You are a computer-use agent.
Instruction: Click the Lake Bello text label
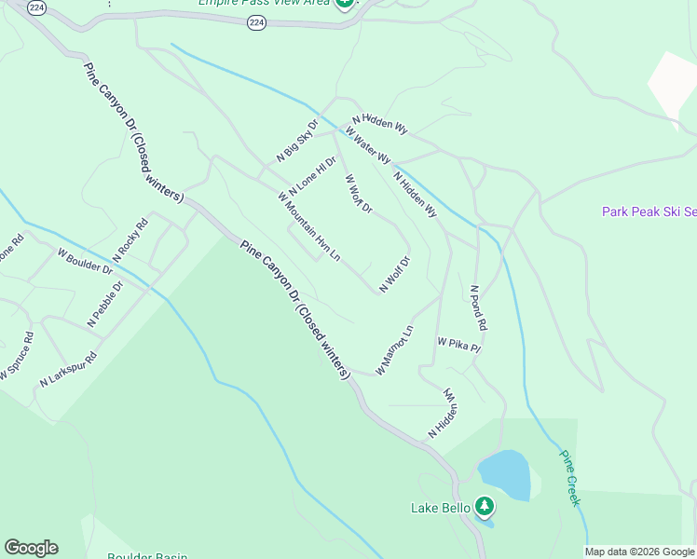[442, 508]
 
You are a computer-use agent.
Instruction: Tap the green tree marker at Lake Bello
[484, 506]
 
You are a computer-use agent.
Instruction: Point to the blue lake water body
[504, 475]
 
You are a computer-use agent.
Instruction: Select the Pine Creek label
[569, 478]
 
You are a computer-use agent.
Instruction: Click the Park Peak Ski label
[649, 211]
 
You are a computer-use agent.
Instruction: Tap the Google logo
[31, 547]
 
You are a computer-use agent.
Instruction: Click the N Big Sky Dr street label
[297, 140]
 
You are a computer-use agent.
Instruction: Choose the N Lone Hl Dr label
[311, 175]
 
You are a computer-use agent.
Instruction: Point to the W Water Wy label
[367, 144]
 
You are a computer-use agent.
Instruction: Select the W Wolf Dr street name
[358, 193]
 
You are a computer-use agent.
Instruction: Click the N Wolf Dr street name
[394, 274]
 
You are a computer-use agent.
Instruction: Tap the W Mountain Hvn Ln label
[308, 225]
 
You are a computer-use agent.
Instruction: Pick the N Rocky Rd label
[130, 240]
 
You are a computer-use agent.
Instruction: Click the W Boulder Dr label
[85, 262]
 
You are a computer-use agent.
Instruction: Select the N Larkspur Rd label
[69, 369]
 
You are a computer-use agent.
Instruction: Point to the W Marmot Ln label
[394, 350]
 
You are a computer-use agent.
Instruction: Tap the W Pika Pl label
[458, 345]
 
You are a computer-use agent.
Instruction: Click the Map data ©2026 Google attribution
[640, 552]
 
